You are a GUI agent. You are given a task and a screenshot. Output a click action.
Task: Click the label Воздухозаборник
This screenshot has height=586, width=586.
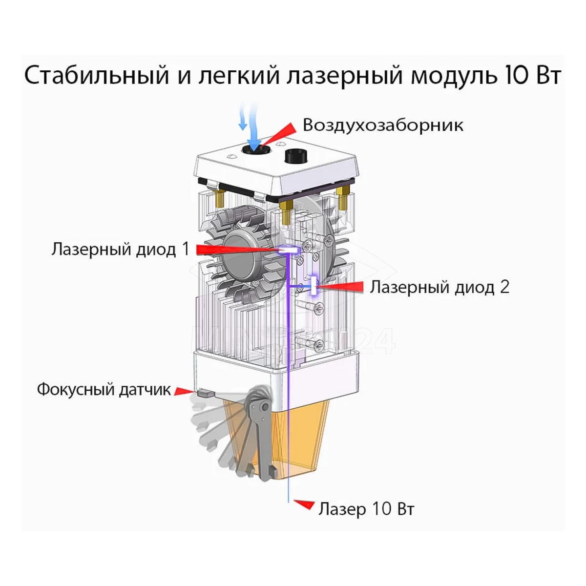coord(383,125)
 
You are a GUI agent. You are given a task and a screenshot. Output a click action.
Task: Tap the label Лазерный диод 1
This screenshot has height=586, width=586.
coord(121,250)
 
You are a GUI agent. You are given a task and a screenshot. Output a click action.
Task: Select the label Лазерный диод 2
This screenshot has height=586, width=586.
coord(439,287)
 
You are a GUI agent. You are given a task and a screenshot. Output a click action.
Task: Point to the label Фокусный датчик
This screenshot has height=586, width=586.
coord(104,389)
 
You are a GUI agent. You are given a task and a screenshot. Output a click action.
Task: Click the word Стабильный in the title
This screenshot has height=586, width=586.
coord(97,75)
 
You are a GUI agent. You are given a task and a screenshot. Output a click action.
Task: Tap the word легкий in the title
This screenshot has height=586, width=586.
coord(238,76)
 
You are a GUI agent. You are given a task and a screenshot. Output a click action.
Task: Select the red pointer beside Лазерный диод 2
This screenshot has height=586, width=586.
coord(340,287)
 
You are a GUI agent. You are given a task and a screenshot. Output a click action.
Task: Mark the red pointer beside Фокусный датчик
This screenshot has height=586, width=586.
coord(184,391)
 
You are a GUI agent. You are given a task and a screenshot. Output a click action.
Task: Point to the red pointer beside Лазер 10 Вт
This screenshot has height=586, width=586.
coord(304,504)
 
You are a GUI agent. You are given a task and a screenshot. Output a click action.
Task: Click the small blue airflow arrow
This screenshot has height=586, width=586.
coord(242,116)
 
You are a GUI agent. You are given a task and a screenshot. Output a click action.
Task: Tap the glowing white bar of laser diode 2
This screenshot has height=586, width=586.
coord(314,285)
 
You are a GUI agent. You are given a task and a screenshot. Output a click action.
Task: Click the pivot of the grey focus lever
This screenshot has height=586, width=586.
coord(265,407)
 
